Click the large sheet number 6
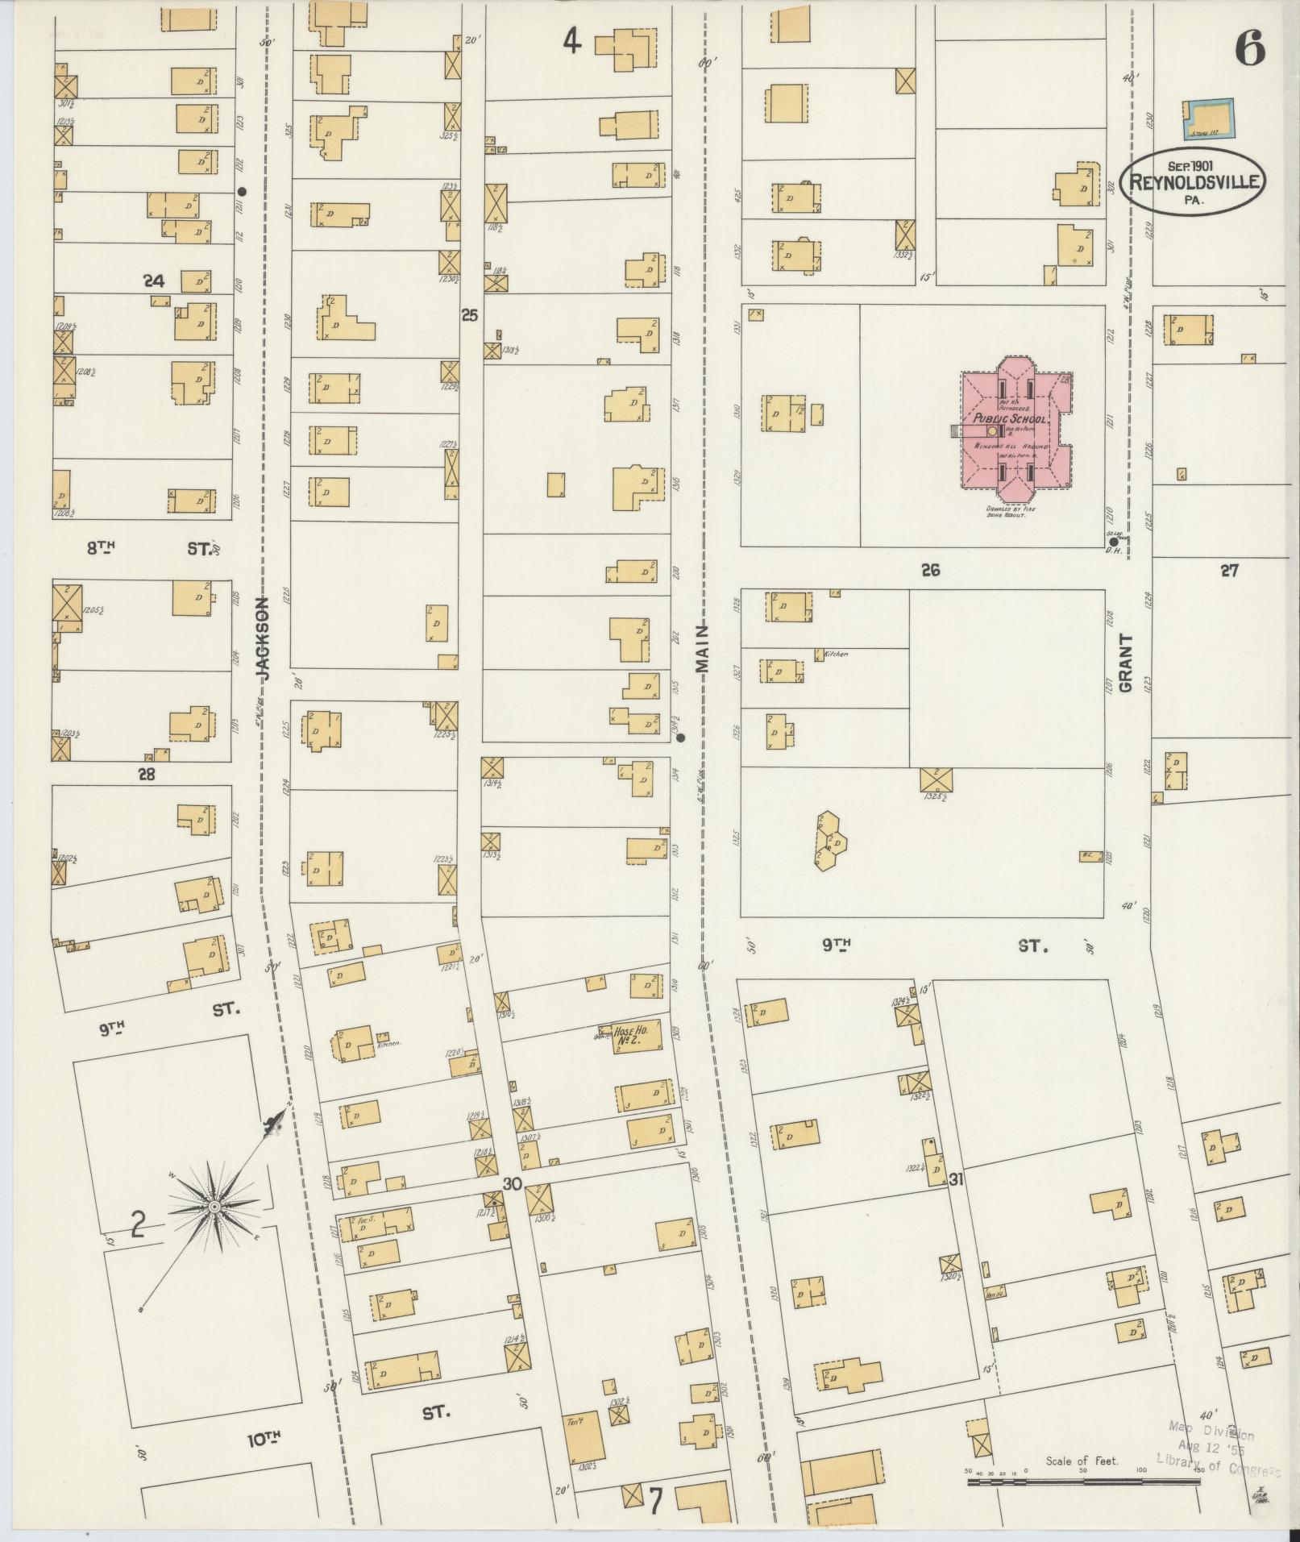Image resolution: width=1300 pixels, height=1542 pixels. pyautogui.click(x=1249, y=50)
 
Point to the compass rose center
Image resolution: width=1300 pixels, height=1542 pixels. pyautogui.click(x=214, y=1206)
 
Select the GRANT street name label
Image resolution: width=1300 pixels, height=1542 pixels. pyautogui.click(x=1125, y=663)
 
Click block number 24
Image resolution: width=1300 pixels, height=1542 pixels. pyautogui.click(x=153, y=281)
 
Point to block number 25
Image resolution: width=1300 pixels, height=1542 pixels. pyautogui.click(x=469, y=315)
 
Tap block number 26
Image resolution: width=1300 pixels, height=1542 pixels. pyautogui.click(x=931, y=570)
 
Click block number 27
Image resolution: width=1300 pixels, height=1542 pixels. pyautogui.click(x=1228, y=571)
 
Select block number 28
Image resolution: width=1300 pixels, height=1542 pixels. pyautogui.click(x=146, y=775)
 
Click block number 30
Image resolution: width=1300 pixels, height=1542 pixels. pyautogui.click(x=513, y=1184)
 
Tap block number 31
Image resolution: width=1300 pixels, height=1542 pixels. pyautogui.click(x=957, y=1180)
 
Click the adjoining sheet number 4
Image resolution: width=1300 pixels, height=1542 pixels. pyautogui.click(x=571, y=40)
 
